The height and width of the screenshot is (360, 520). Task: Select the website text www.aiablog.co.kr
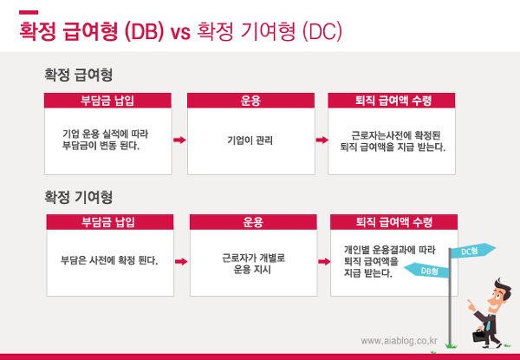[399, 341]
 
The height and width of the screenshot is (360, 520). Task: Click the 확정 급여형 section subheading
[79, 75]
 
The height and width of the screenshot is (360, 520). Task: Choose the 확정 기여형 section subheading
[79, 197]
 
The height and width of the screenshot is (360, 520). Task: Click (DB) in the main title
[144, 32]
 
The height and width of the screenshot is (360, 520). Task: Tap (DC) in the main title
[322, 32]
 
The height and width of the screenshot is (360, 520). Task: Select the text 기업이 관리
[250, 140]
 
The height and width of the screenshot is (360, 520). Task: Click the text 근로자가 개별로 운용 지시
[253, 264]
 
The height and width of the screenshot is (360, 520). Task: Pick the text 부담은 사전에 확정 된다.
[109, 260]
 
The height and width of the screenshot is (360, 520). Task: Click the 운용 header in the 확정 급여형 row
[250, 101]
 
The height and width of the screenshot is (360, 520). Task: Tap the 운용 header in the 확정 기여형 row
[253, 222]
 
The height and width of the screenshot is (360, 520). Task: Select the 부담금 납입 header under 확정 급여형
[107, 101]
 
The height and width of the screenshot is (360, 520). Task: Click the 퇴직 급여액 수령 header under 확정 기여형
[394, 222]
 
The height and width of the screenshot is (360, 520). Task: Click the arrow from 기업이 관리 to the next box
[322, 140]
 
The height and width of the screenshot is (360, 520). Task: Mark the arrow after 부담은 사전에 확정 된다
[181, 261]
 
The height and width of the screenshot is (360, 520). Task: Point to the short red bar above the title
[29, 13]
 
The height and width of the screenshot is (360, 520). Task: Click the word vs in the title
[180, 32]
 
